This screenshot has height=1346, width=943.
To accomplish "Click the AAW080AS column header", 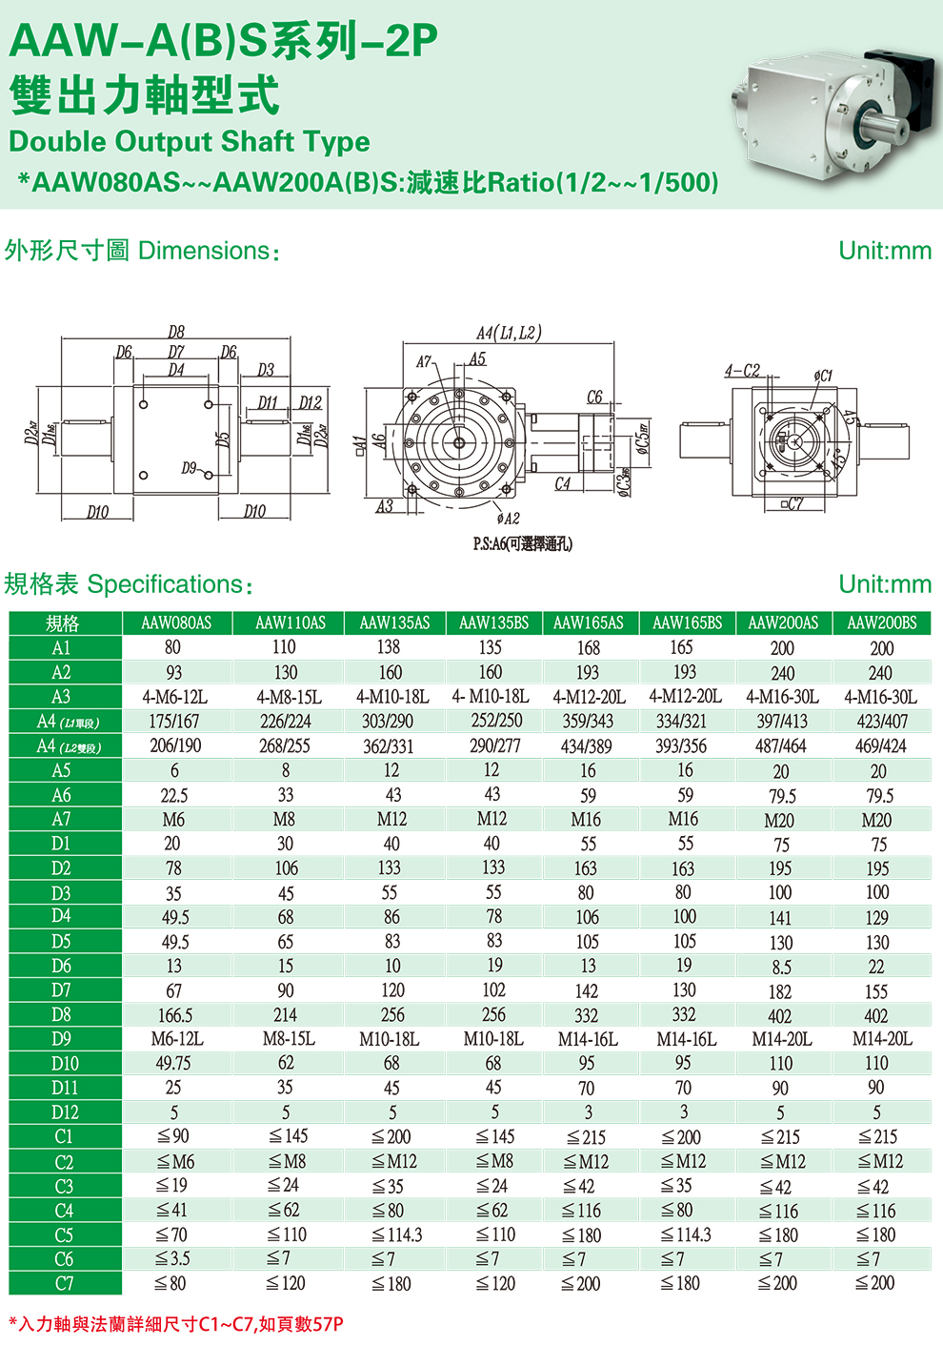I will (176, 623).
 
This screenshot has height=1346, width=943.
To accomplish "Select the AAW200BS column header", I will (882, 623).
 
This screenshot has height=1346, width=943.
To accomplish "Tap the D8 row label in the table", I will (62, 1014).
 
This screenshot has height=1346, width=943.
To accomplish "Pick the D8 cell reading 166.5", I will (175, 1015).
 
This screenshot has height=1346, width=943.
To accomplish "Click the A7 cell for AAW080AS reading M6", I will (173, 820).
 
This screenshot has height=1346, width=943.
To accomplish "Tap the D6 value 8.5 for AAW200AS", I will (781, 967).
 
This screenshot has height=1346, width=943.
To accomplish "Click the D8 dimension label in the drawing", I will (176, 332).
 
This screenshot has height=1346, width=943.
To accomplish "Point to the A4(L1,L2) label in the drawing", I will (508, 333).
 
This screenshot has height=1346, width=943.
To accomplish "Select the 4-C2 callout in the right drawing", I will (742, 370).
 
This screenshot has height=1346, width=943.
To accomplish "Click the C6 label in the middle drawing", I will (594, 397).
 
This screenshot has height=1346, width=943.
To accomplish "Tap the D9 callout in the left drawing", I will (190, 468).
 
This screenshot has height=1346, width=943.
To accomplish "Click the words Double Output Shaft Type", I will (189, 142).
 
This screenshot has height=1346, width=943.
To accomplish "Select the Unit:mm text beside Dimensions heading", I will (884, 251).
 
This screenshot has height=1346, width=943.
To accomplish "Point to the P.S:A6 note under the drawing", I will (523, 544).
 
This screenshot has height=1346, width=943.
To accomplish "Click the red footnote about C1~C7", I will (176, 1324).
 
